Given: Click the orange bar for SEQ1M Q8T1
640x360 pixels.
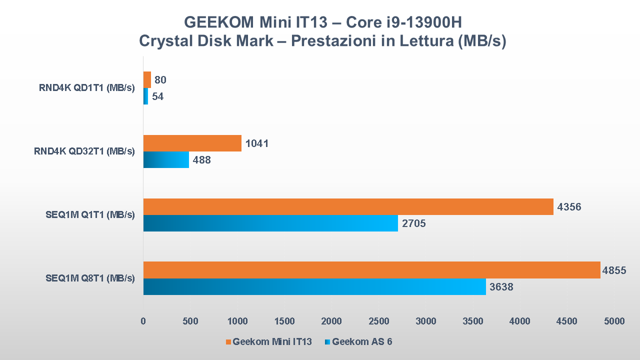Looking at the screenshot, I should (371, 270).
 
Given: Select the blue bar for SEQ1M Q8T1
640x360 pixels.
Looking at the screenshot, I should (314, 287).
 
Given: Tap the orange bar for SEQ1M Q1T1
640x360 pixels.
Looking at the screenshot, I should (348, 206).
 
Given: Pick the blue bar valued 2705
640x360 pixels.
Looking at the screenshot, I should (270, 223).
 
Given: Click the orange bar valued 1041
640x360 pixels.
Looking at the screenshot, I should (192, 143).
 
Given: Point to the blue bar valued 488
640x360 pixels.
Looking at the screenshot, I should (166, 160).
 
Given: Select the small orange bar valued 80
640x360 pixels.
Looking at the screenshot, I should (147, 79).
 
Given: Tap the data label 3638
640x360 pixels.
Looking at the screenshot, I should (501, 287).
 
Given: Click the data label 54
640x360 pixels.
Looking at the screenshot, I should (158, 97).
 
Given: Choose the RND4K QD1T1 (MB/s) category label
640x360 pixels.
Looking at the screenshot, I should (87, 88).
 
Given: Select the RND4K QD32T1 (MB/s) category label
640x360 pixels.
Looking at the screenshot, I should (84, 151).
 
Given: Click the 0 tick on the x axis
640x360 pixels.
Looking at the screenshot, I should (143, 321).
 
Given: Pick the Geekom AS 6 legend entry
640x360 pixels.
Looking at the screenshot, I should (362, 342).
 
